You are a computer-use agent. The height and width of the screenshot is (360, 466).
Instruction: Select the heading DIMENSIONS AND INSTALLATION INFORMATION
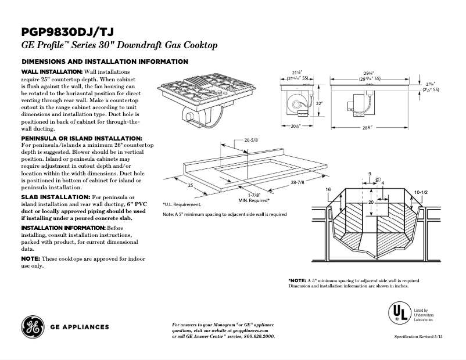[104, 61]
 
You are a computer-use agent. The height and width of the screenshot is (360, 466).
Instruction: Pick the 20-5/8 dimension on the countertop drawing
[251, 141]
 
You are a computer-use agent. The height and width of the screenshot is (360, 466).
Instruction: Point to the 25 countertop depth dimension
[189, 185]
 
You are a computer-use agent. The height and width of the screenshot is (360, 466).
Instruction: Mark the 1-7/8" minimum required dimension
[254, 195]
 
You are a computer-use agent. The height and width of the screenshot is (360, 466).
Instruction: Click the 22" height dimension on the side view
[319, 103]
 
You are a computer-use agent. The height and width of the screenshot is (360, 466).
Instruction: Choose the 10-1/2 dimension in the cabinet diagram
[421, 191]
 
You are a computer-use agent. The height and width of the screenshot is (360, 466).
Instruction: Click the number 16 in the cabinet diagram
[328, 190]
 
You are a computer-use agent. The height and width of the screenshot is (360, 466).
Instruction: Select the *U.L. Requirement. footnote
[182, 204]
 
